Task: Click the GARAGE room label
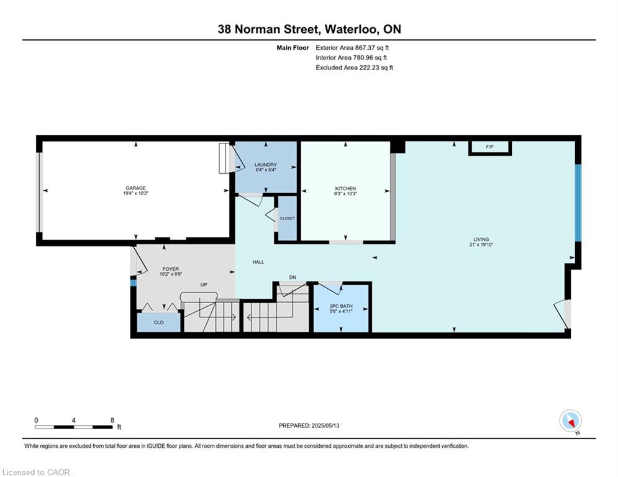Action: click(x=135, y=188)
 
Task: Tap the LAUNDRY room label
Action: click(x=266, y=165)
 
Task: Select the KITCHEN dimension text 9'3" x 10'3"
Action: click(x=346, y=194)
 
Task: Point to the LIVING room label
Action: click(x=481, y=239)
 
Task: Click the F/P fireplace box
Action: click(x=490, y=147)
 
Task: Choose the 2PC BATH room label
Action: click(x=341, y=306)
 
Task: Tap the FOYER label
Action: click(x=171, y=269)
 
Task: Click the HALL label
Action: click(x=258, y=262)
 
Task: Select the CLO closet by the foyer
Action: click(x=159, y=322)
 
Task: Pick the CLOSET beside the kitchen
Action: click(x=288, y=218)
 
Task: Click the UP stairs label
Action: click(x=204, y=284)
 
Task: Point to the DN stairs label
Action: click(x=293, y=278)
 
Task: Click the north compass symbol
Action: click(x=570, y=421)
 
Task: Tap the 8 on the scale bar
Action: click(x=112, y=420)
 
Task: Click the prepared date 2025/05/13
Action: click(x=325, y=425)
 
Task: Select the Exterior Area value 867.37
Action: click(x=365, y=48)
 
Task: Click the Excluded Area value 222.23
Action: click(x=369, y=68)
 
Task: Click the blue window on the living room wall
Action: click(x=578, y=202)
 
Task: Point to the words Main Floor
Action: click(x=293, y=48)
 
